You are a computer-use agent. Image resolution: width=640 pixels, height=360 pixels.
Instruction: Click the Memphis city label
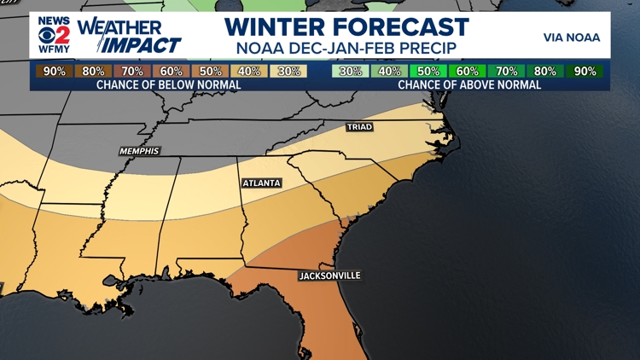click(139, 151)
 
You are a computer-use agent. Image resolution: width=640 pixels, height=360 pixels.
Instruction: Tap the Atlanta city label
click(261, 183)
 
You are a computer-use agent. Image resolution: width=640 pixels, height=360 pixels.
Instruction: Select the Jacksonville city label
click(329, 276)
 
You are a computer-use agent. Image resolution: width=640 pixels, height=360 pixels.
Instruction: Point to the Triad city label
click(359, 127)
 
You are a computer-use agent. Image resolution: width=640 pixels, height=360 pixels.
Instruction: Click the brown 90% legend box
click(54, 72)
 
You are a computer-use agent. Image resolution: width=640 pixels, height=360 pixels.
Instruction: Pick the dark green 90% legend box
click(585, 72)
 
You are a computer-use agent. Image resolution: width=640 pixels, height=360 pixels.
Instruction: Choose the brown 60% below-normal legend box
click(171, 72)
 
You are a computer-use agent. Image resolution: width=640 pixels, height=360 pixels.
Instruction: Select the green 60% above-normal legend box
click(467, 72)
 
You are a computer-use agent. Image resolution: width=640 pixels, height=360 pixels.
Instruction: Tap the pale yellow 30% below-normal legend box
click(288, 72)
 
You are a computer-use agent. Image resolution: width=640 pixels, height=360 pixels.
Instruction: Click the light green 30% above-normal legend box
click(350, 72)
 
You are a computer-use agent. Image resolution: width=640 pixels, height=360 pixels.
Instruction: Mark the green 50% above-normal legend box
click(428, 72)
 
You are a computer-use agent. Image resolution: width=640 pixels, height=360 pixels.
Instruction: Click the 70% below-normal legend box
click(131, 72)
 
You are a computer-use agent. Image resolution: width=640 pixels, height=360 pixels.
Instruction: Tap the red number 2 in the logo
click(62, 37)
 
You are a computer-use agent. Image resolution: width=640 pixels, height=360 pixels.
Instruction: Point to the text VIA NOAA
click(571, 38)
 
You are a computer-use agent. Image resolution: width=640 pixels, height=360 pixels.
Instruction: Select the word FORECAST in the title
click(406, 26)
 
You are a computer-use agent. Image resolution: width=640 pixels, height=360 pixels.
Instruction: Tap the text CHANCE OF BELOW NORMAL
click(168, 85)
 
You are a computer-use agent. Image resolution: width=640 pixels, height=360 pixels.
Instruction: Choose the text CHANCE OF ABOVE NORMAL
click(468, 85)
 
